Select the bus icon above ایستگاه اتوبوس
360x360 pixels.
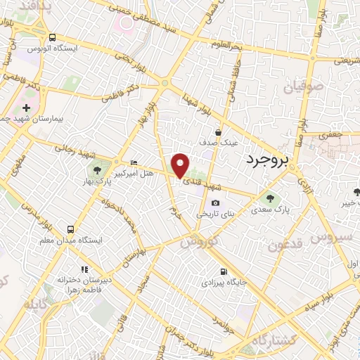tap(53, 37)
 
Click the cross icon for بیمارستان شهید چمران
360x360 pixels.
tap(26, 108)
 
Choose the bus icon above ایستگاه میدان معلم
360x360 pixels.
tap(70, 229)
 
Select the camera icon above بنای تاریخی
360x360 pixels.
tap(215, 202)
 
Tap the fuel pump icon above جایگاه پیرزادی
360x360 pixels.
tap(224, 271)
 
